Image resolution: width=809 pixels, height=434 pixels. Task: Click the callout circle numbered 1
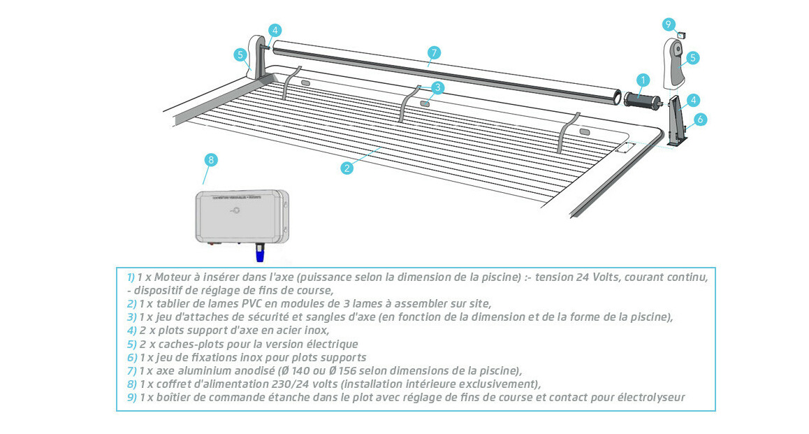643,80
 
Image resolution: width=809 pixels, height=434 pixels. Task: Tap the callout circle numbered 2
347,167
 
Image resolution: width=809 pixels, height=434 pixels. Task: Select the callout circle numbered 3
437,87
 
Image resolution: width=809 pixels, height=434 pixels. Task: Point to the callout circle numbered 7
434,52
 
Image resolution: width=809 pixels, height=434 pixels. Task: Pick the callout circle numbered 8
211,159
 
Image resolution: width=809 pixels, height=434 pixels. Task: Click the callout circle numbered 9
669,24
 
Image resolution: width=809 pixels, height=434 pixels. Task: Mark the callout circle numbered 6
699,120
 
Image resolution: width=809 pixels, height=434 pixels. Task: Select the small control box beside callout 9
683,33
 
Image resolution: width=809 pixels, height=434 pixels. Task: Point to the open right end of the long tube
615,97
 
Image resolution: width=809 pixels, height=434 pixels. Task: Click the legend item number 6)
131,357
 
